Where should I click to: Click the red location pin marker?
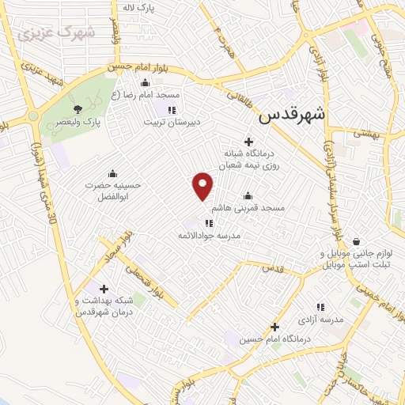(203, 186)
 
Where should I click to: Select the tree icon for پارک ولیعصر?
(78, 109)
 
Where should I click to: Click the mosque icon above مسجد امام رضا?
(145, 83)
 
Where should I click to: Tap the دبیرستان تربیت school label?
(172, 122)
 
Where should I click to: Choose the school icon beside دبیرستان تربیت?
(172, 110)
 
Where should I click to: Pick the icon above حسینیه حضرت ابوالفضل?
(112, 172)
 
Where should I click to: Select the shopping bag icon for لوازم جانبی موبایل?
(357, 241)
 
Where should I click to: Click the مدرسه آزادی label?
(320, 319)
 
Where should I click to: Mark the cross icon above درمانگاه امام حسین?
(274, 327)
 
